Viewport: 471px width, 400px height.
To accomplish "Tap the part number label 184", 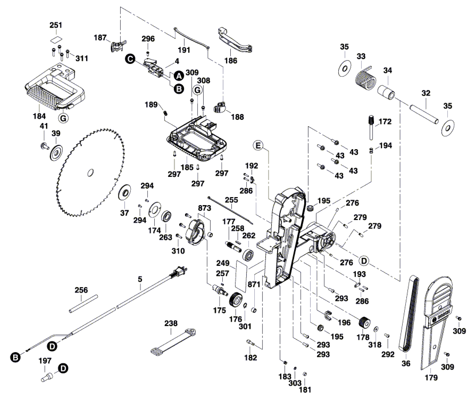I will [39, 116].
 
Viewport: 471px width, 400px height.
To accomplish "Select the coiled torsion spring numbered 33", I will [365, 79].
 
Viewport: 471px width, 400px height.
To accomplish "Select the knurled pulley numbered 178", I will [365, 322].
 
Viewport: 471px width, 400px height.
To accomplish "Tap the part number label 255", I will [232, 200].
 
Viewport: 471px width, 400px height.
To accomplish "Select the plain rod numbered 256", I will [83, 304].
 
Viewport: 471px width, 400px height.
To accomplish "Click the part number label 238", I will [171, 323].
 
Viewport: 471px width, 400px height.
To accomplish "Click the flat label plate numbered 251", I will [56, 40].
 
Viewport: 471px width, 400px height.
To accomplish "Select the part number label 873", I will [204, 208].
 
